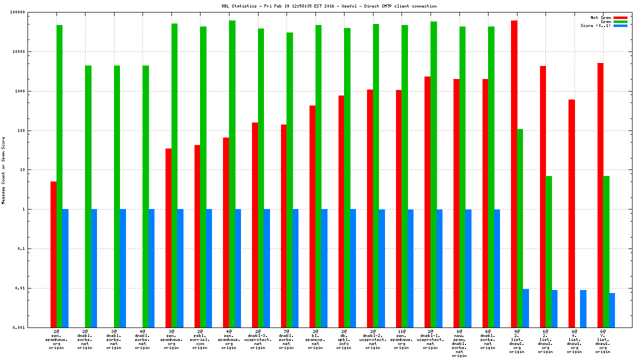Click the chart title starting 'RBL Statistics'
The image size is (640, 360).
pos(329,6)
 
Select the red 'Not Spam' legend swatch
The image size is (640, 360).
pos(620,17)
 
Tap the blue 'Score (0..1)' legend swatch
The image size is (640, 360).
pos(620,25)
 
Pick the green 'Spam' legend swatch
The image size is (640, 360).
pos(620,21)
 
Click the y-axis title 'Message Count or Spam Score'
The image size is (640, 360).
pos(3,170)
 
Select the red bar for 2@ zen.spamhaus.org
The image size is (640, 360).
pos(53,254)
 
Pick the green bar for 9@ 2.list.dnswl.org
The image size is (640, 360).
pos(520,228)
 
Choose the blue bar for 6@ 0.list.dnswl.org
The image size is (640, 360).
pos(583,308)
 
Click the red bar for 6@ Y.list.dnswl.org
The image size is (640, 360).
pos(600,195)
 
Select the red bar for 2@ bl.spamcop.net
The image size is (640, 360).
pos(312,216)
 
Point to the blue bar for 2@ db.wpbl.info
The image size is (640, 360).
pos(353,268)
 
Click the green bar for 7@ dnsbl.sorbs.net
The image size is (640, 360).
pos(289,180)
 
